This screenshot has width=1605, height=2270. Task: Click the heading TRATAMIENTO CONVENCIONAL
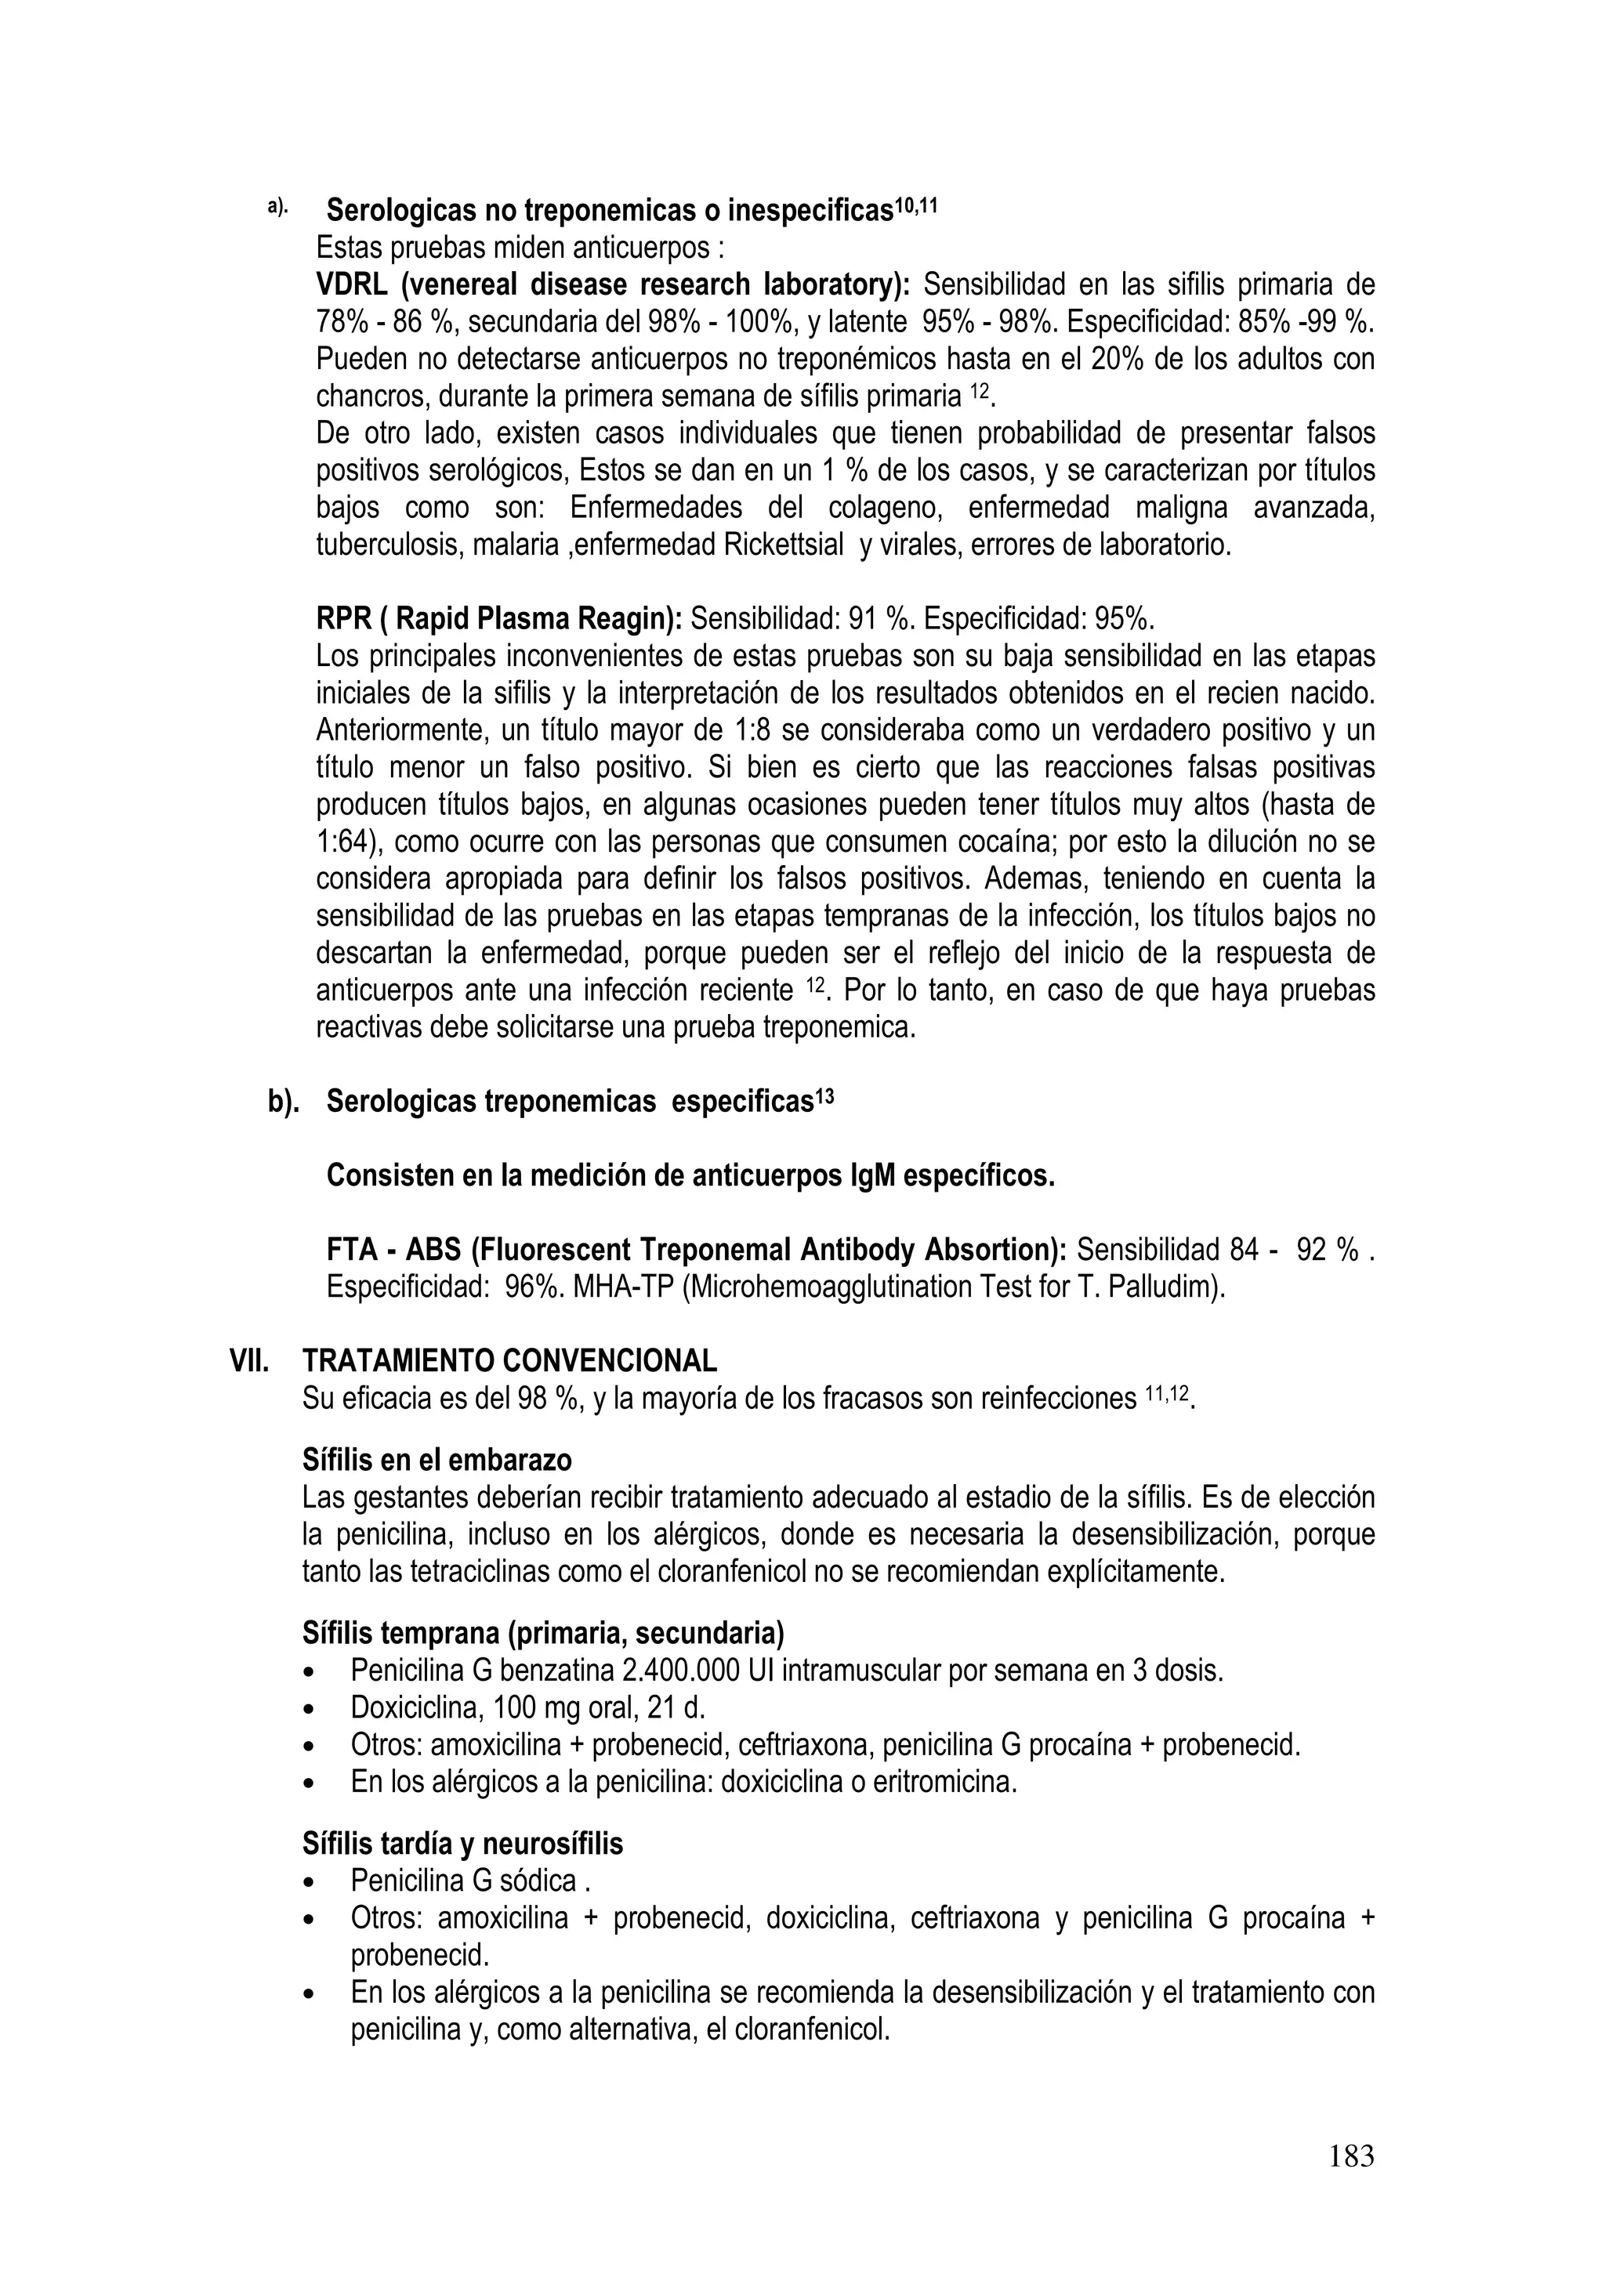509,1361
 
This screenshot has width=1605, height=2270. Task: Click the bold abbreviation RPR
339,620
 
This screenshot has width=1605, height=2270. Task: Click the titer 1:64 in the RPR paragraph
341,843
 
